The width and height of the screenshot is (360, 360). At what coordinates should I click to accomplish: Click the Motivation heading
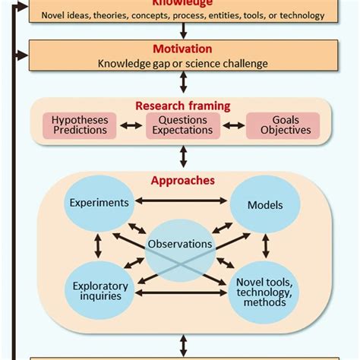coord(183,47)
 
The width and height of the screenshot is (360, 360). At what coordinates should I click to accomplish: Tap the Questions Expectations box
coord(182,125)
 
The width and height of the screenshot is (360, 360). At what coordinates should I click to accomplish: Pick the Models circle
coord(265,205)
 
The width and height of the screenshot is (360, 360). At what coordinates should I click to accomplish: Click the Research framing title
coord(183,106)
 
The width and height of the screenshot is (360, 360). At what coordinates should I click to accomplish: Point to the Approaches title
coord(183,181)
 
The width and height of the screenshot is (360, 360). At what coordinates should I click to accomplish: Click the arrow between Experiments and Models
coord(182,201)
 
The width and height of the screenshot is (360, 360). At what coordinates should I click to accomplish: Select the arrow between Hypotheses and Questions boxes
coord(131,125)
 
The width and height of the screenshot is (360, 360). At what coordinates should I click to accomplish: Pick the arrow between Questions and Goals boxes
coord(234,125)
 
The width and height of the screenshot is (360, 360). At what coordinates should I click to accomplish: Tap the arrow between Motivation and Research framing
coord(183,84)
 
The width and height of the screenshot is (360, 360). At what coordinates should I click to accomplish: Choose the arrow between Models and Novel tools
coord(265,245)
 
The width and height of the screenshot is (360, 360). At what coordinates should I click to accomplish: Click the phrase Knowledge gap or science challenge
coord(183,62)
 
